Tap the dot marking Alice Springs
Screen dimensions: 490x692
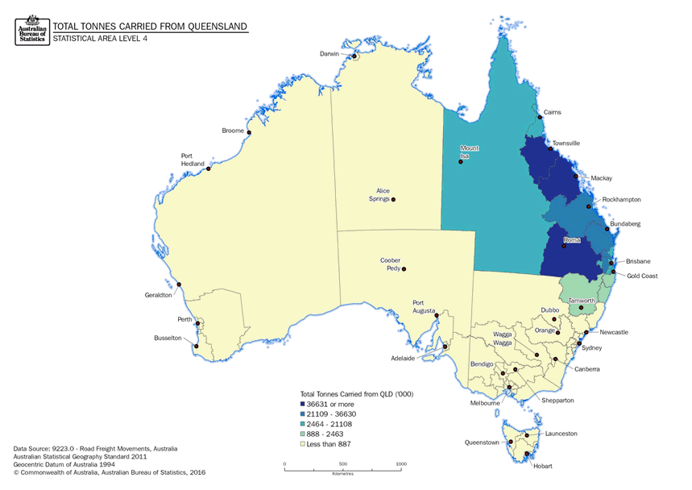[x=393, y=199]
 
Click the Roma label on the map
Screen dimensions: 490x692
[x=572, y=239]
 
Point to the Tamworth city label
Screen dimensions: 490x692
[x=582, y=301]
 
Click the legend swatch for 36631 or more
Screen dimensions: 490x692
[x=303, y=403]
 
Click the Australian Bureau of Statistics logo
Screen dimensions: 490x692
[x=31, y=30]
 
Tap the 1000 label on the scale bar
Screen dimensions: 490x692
[x=401, y=464]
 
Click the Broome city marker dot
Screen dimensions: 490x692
[x=249, y=133]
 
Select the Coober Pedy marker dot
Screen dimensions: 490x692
[x=404, y=269]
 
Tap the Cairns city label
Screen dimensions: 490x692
[x=552, y=112]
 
